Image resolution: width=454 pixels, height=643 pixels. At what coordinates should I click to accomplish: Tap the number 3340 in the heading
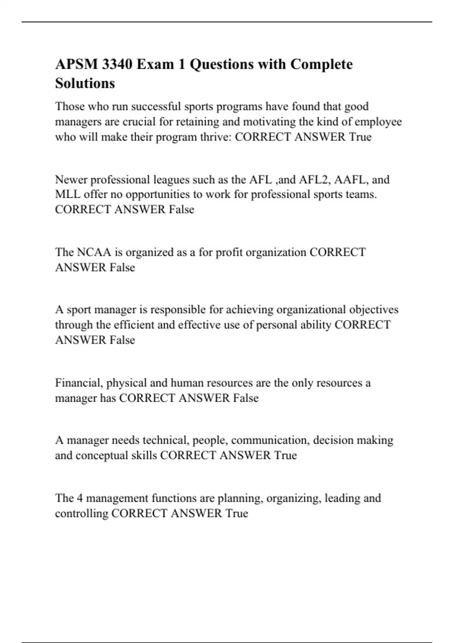[x=117, y=64]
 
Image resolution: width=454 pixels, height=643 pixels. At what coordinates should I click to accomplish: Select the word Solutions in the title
[x=85, y=83]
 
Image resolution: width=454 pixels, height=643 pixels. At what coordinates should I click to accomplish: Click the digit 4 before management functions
[x=79, y=498]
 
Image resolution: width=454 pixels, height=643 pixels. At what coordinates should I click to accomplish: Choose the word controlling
[x=81, y=513]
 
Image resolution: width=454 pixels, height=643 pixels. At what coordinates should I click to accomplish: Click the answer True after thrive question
[x=360, y=137]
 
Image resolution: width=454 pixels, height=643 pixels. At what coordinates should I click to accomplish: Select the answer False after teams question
[x=181, y=210]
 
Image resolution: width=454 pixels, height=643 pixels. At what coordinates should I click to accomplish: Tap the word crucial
[x=139, y=122]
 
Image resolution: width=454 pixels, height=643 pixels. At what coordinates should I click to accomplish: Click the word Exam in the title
[x=156, y=64]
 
